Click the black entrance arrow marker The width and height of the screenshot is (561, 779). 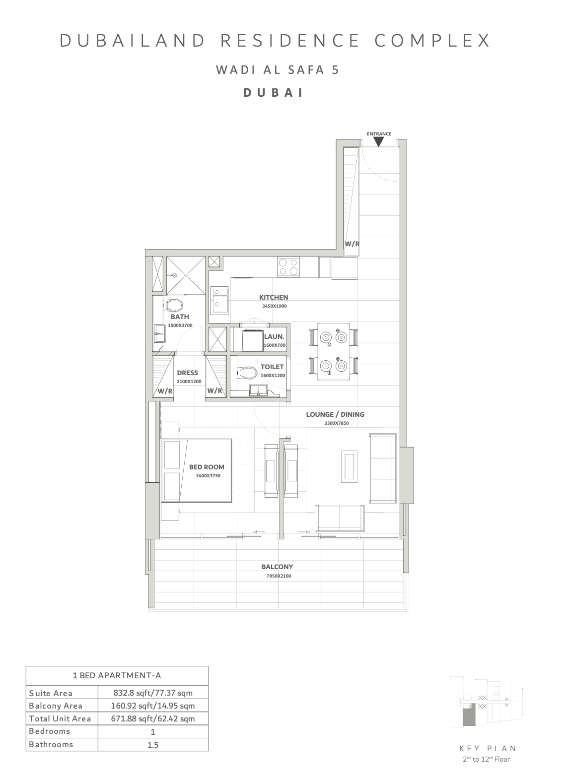coord(378,142)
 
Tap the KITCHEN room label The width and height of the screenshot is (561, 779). coord(274,297)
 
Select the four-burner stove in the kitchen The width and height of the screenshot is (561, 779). coord(288,266)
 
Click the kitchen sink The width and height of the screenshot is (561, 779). coord(218,300)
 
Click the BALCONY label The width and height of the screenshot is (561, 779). coord(277,567)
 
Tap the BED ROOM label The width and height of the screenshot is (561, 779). coord(207,467)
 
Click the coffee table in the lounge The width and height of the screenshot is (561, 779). coord(349,465)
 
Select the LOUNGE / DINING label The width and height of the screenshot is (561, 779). coord(335,414)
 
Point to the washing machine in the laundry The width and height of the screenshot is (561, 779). coord(253,340)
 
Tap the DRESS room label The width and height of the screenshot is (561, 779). coord(187,373)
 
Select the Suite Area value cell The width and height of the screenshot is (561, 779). coord(153,693)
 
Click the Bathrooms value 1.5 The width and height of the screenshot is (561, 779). coord(153,744)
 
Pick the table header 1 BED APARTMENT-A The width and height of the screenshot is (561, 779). coord(117,675)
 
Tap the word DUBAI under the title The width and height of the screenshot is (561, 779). coord(274,93)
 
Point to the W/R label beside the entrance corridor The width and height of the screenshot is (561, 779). coord(351,244)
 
